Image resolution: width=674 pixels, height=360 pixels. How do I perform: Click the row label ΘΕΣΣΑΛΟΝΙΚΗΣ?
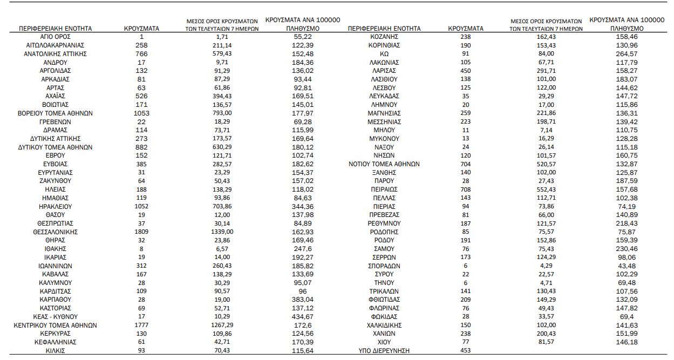click(56, 232)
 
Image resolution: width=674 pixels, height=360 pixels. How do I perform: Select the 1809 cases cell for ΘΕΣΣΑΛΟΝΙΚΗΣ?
click(141, 232)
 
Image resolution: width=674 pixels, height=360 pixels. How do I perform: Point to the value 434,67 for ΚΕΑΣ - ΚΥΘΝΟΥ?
click(302, 316)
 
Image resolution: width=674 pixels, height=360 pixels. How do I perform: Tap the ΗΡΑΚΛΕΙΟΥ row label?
click(56, 206)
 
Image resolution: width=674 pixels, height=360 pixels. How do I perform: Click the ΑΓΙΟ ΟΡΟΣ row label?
click(56, 37)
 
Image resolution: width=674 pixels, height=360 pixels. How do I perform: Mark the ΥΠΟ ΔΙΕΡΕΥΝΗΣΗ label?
click(384, 351)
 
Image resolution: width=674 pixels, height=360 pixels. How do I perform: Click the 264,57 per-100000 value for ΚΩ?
click(626, 54)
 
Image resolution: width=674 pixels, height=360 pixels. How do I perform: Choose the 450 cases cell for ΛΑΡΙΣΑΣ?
click(465, 71)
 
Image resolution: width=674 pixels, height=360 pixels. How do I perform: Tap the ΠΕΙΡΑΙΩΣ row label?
click(384, 189)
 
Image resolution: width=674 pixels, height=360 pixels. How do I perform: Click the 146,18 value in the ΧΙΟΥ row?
click(626, 342)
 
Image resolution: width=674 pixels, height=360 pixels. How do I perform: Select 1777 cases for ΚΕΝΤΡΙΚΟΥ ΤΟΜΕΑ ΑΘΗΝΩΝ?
click(141, 325)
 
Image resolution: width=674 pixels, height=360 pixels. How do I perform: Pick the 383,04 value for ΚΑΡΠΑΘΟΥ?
click(302, 300)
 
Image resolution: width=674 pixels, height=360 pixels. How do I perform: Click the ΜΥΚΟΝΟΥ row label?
click(384, 139)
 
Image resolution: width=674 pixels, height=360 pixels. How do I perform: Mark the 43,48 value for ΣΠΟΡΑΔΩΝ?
click(626, 266)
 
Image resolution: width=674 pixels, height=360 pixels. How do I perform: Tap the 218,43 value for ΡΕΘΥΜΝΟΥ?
click(626, 223)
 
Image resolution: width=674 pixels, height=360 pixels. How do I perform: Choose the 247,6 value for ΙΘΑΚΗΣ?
click(302, 249)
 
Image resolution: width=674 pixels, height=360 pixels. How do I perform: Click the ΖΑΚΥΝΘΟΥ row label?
click(56, 181)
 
